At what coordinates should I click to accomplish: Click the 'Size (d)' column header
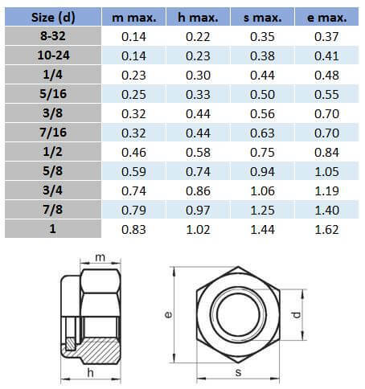[53, 17]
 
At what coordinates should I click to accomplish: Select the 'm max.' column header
[133, 18]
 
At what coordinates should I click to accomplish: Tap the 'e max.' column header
[326, 18]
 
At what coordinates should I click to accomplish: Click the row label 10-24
[53, 55]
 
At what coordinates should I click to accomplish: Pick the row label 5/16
[53, 94]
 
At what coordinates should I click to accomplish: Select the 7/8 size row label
[53, 210]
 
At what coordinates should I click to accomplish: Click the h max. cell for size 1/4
[198, 75]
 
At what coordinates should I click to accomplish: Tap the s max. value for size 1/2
[262, 152]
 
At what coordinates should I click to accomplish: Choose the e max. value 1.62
[326, 230]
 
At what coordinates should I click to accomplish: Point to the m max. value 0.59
[133, 171]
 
